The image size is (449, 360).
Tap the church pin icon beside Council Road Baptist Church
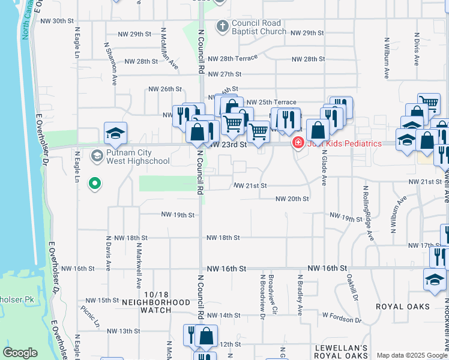[223, 26]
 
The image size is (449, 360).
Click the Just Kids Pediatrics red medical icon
[297, 143]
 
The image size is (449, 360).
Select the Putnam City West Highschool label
[137, 157]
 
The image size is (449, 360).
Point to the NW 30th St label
[56, 20]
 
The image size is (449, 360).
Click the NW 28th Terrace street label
[232, 58]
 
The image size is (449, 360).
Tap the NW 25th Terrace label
[271, 103]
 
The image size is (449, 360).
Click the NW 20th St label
[292, 199]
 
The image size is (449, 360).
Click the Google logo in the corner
[20, 352]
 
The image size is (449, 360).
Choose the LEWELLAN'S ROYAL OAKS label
[340, 352]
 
